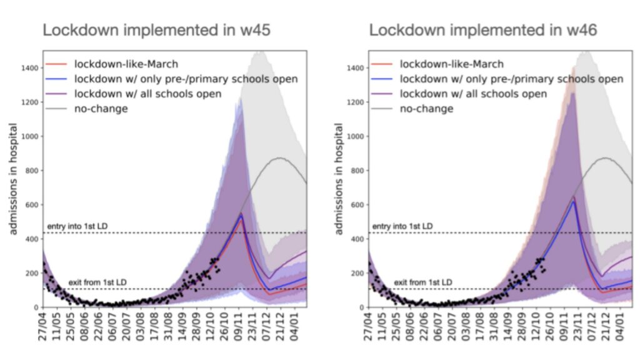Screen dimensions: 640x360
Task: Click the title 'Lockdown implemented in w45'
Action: point(156,30)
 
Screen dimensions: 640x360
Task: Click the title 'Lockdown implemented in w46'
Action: point(483,30)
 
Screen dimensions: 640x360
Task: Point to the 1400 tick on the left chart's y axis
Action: point(30,68)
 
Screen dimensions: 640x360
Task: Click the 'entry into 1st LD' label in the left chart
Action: point(77,226)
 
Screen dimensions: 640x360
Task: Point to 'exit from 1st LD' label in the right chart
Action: point(423,282)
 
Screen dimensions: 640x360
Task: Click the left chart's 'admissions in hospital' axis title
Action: point(13,179)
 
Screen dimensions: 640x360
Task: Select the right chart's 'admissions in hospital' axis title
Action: point(339,179)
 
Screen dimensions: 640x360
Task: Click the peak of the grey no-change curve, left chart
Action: point(279,158)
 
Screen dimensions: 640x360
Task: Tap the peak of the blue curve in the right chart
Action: point(574,202)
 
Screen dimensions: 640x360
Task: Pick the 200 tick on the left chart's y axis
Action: point(32,274)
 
